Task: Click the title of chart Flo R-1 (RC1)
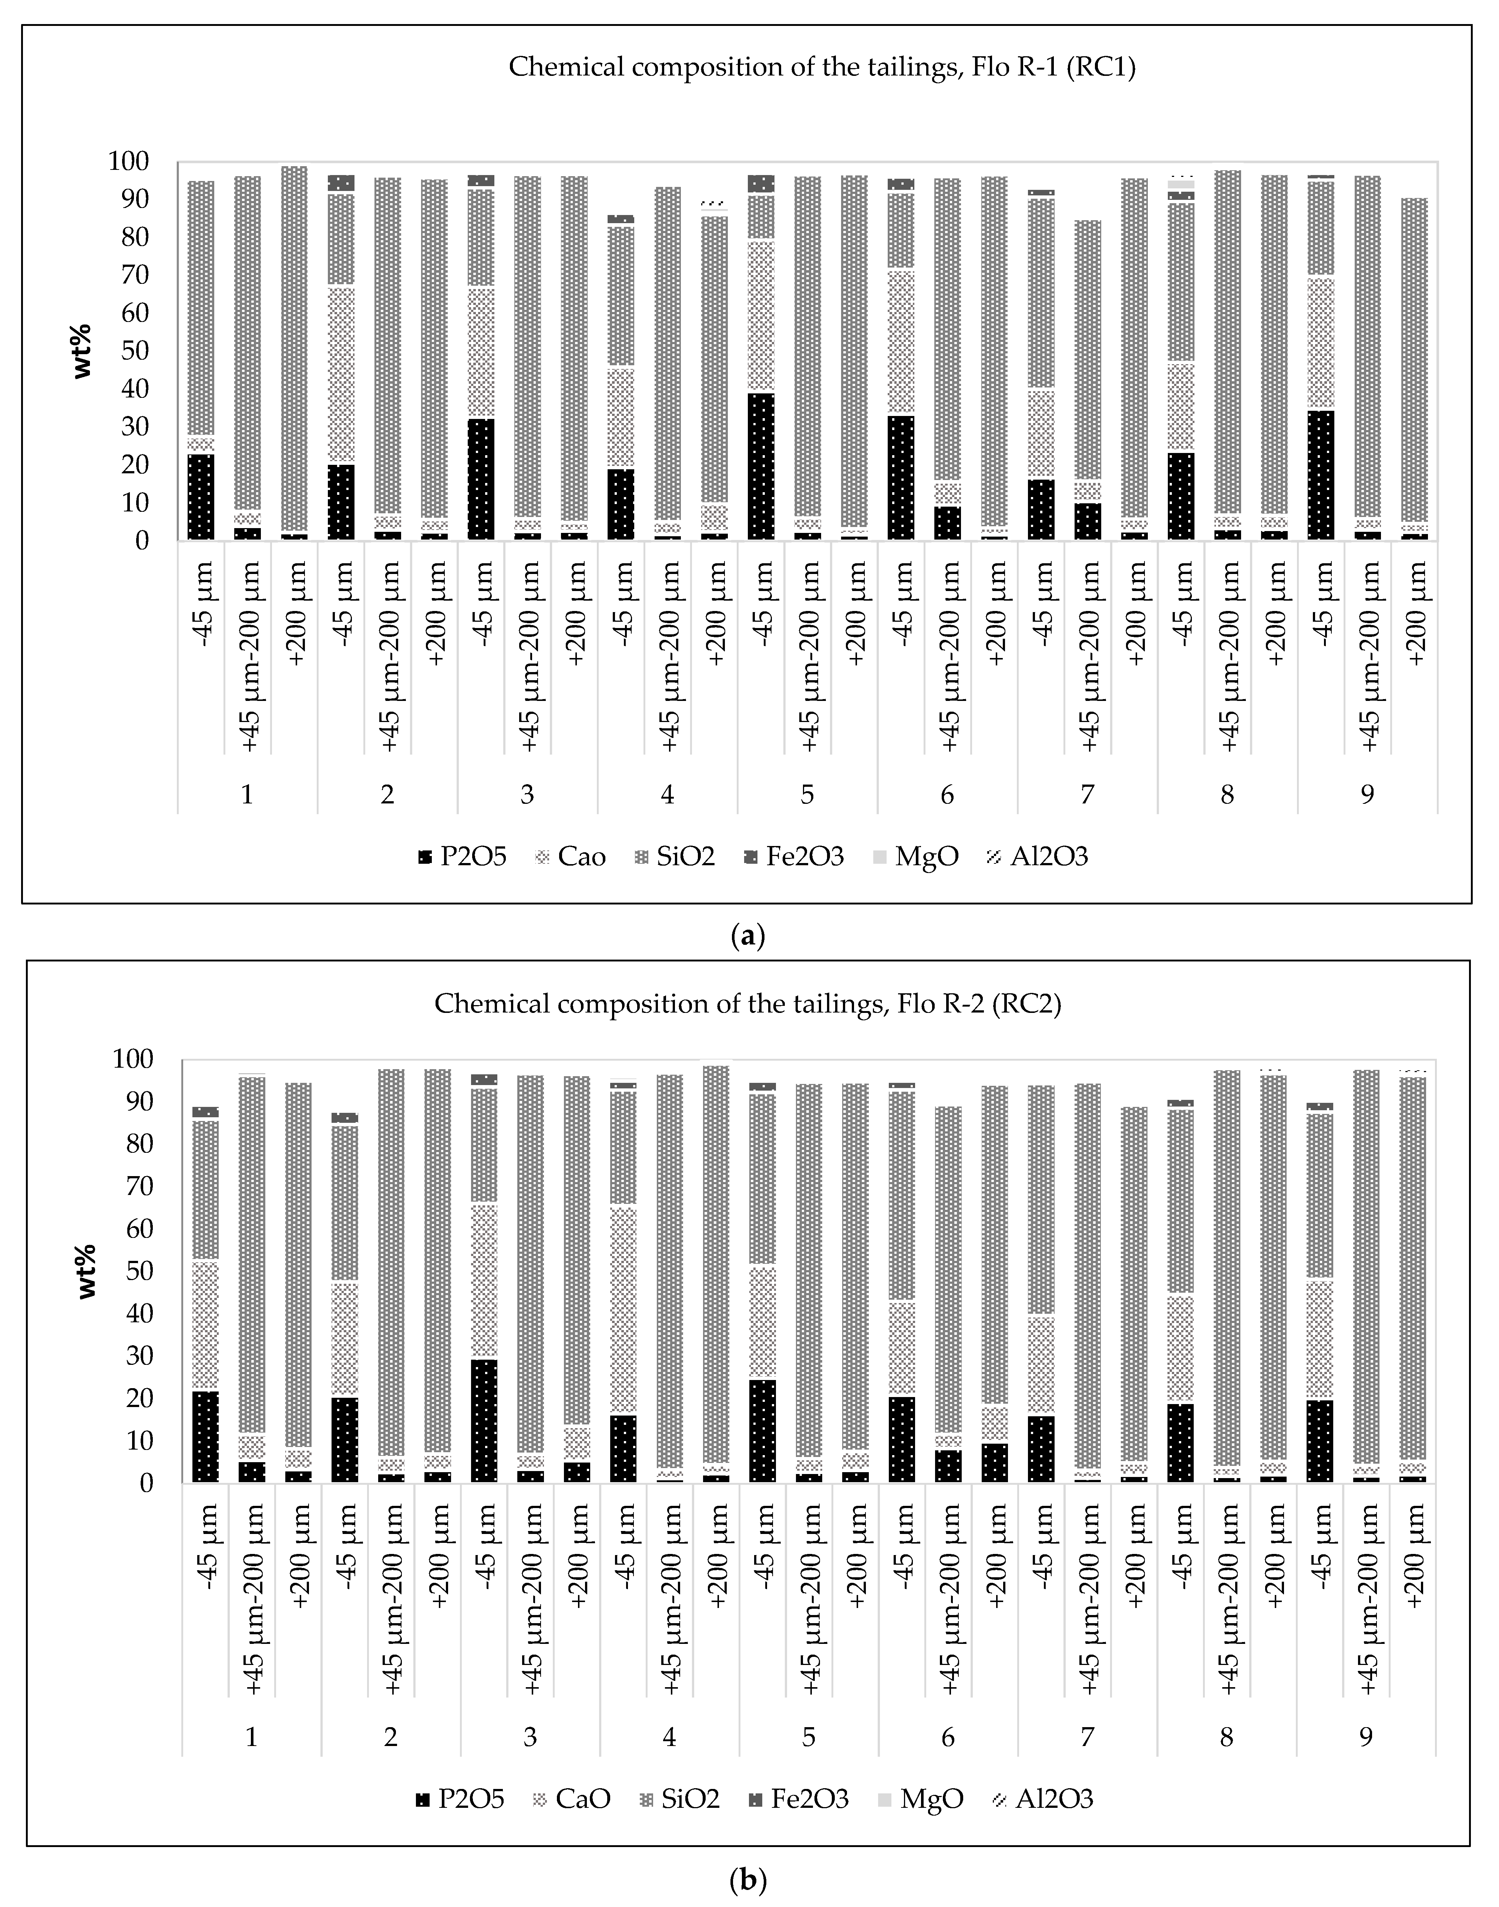point(822,68)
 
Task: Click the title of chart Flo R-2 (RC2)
point(748,1004)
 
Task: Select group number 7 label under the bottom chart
point(1088,1737)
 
